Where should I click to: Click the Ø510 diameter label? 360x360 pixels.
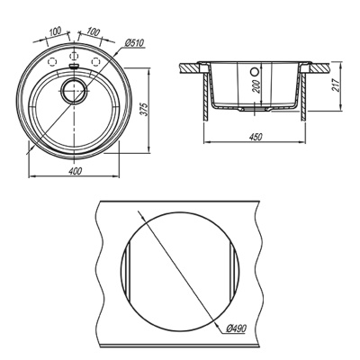tap(134, 43)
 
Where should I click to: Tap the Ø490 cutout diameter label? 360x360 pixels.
tap(236, 328)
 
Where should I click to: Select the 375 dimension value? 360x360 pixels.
tap(144, 111)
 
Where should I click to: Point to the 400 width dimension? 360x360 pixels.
tap(75, 171)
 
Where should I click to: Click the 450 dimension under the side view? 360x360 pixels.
tap(256, 137)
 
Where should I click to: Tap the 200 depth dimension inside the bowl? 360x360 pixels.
tap(257, 86)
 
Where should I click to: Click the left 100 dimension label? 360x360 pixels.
tap(55, 31)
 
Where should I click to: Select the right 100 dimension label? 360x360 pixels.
tap(94, 31)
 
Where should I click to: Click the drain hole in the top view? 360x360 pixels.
tap(74, 91)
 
